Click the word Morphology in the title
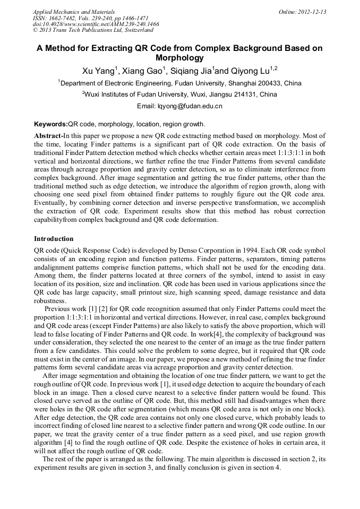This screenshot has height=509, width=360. click(x=179, y=58)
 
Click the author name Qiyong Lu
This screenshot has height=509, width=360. click(x=250, y=71)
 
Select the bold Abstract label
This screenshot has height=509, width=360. click(x=48, y=136)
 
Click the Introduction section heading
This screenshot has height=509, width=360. click(x=54, y=239)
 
